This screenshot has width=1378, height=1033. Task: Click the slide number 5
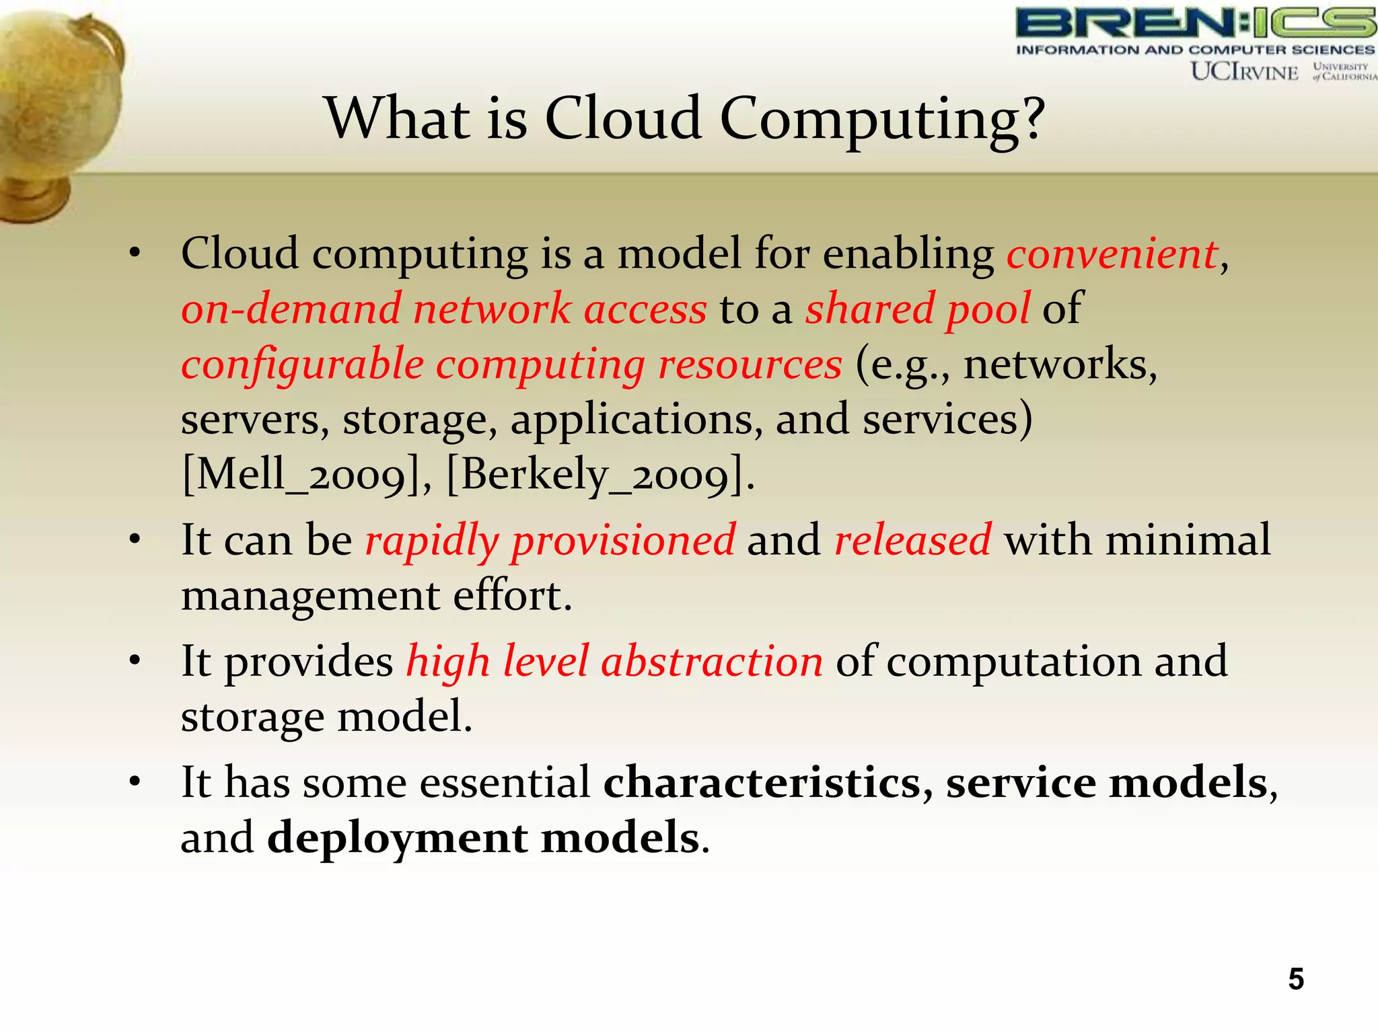click(x=1295, y=979)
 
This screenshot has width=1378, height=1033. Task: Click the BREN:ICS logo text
click(x=1194, y=24)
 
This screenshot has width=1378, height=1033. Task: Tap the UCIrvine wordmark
click(x=1244, y=71)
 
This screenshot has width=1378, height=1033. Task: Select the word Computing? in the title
click(x=882, y=120)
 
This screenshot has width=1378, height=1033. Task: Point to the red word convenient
click(x=1112, y=254)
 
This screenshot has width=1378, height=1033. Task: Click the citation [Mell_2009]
click(x=307, y=475)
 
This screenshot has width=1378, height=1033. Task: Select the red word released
click(x=912, y=540)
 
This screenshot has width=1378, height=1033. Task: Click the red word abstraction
click(x=711, y=661)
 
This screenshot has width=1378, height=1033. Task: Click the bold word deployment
click(x=397, y=839)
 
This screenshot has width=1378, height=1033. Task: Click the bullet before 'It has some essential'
click(x=135, y=782)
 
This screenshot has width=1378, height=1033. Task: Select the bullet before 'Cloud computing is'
click(x=135, y=254)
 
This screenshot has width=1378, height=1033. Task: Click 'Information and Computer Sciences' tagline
click(x=1194, y=50)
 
